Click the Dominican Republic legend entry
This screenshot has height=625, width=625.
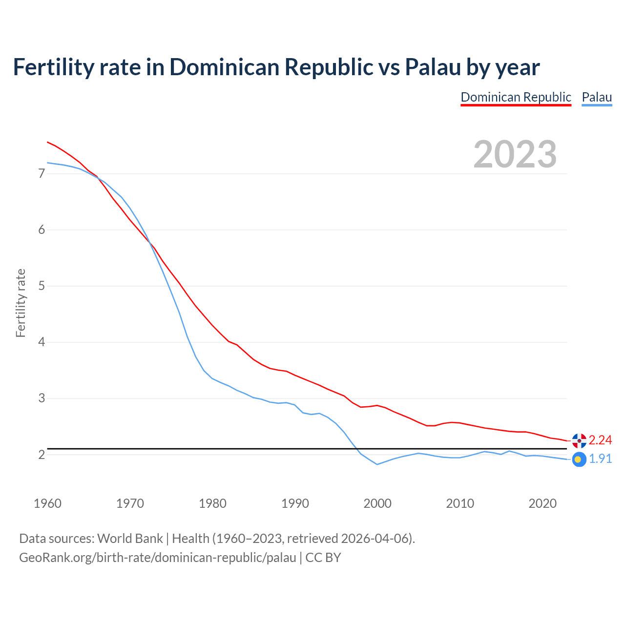point(516,97)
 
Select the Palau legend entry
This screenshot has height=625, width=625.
point(597,97)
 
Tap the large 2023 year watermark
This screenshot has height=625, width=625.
point(515,154)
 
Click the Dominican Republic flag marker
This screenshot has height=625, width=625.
point(579,440)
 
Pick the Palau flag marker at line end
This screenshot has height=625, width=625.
point(579,459)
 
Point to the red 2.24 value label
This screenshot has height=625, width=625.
point(600,440)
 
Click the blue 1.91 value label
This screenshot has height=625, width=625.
point(600,459)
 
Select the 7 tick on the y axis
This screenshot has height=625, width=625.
point(42,174)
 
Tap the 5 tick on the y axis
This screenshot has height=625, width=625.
point(42,286)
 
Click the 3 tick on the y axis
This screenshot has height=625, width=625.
point(42,398)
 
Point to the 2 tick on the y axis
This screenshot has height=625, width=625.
point(42,455)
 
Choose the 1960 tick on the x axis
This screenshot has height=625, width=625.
point(47,503)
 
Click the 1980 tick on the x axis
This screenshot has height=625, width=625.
point(212,503)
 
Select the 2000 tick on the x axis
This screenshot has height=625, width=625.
point(377,503)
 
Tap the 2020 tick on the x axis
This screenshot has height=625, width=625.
point(542,503)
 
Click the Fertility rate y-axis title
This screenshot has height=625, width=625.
point(21,303)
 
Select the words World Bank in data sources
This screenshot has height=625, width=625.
point(130,539)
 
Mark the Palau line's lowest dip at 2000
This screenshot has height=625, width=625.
point(377,464)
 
